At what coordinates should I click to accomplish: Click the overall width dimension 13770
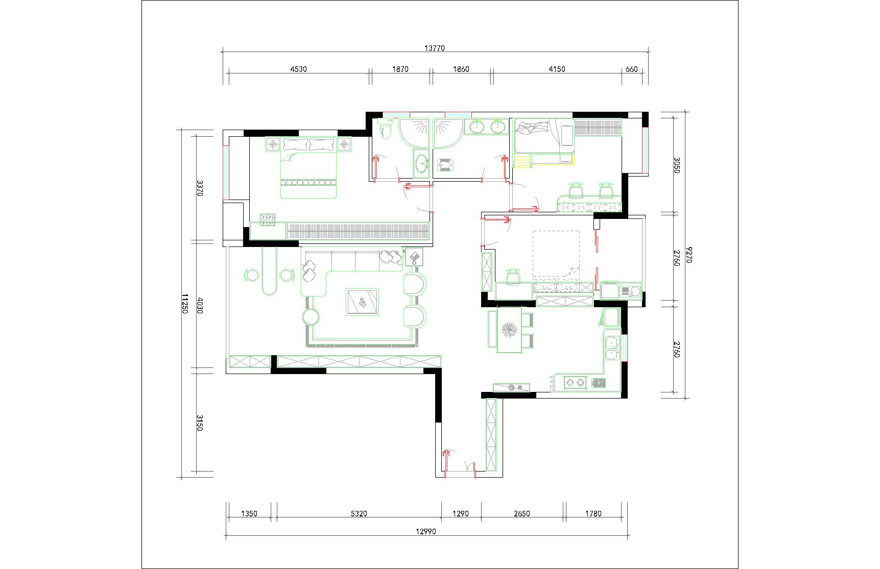435,48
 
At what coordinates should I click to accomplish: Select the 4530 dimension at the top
298,69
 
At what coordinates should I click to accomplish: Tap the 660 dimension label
632,69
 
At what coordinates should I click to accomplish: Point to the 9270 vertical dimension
690,255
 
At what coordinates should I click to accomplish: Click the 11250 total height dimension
185,304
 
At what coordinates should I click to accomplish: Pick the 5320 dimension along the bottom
359,514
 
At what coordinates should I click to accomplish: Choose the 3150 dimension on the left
200,422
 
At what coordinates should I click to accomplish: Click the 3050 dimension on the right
677,165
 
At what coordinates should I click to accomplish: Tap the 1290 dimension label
461,514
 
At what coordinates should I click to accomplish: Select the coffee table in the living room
362,302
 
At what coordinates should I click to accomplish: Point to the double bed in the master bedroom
308,167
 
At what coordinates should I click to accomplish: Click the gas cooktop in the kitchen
575,382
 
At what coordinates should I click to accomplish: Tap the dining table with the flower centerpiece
510,330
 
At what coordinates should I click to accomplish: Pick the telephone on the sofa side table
414,257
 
